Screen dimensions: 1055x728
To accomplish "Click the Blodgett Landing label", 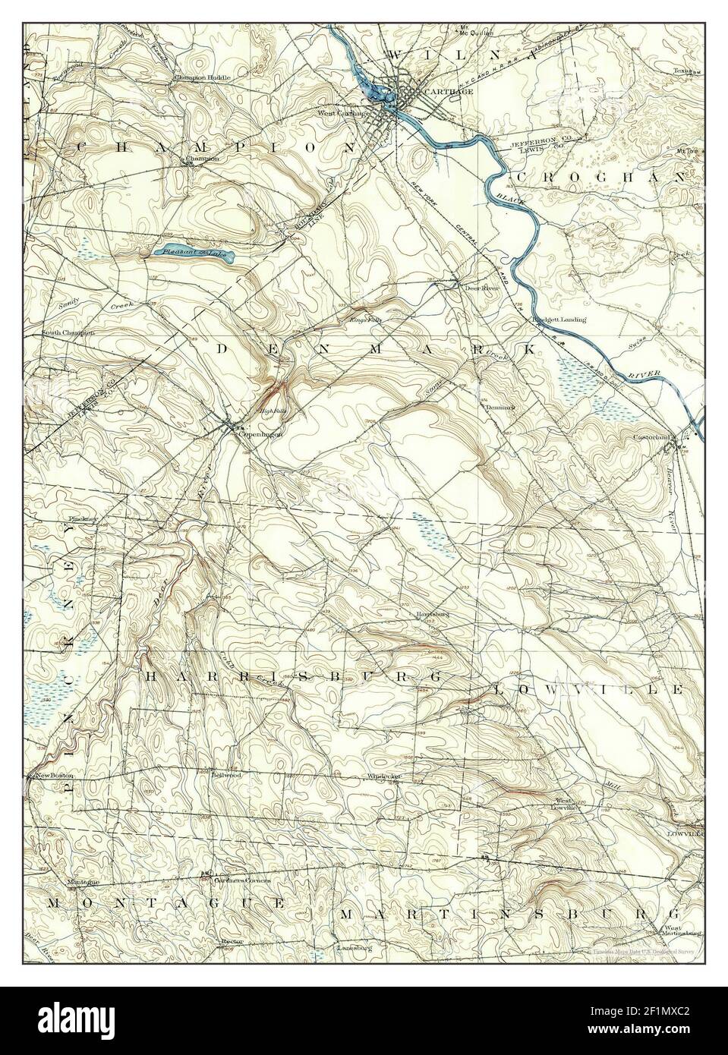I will click(x=559, y=320).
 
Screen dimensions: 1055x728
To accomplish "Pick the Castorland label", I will click(x=654, y=438).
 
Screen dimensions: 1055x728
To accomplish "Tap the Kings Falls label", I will click(x=365, y=320).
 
